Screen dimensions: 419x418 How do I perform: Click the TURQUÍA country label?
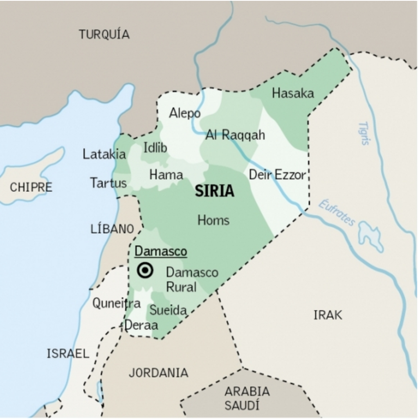click(x=104, y=34)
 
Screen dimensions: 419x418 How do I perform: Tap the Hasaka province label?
click(x=293, y=93)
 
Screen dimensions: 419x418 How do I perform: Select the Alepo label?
click(x=185, y=113)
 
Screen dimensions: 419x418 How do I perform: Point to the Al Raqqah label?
click(x=235, y=135)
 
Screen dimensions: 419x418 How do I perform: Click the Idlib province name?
click(x=155, y=148)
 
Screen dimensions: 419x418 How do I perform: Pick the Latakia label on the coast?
click(x=104, y=154)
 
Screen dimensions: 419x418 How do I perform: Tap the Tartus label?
click(x=108, y=182)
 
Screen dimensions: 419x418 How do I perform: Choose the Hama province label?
click(x=166, y=175)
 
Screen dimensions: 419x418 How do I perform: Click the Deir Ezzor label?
click(x=277, y=175)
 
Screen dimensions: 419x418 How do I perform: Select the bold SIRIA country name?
click(x=214, y=191)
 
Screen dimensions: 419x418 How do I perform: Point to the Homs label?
click(x=213, y=221)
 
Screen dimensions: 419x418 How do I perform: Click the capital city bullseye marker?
click(x=145, y=270)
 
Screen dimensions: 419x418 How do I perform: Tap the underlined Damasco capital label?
click(x=161, y=251)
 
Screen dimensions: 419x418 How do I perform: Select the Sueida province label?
click(x=168, y=310)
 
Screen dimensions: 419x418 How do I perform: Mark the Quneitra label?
click(x=116, y=303)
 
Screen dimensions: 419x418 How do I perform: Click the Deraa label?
click(x=141, y=325)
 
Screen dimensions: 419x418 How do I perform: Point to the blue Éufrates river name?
click(x=337, y=213)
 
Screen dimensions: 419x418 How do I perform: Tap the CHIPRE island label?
click(x=31, y=187)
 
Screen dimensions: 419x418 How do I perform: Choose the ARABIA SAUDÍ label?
click(x=247, y=398)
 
